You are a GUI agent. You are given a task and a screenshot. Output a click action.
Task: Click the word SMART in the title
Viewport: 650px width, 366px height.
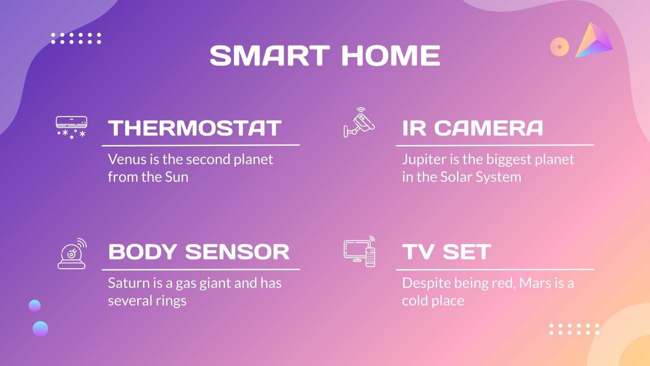pyautogui.click(x=269, y=56)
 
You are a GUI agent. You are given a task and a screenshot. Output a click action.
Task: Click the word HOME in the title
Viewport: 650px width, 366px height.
pyautogui.click(x=390, y=56)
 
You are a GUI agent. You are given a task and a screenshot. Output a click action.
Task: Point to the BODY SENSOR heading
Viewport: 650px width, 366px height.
pyautogui.click(x=199, y=252)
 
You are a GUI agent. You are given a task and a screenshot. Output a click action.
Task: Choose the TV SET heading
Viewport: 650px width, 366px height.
pyautogui.click(x=446, y=252)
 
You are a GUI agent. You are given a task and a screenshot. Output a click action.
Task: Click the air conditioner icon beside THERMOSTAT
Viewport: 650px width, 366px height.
pyautogui.click(x=71, y=127)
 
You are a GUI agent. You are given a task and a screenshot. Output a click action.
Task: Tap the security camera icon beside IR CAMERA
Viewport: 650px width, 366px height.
pyautogui.click(x=359, y=122)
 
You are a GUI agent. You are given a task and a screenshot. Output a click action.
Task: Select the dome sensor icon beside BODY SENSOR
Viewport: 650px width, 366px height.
pyautogui.click(x=72, y=254)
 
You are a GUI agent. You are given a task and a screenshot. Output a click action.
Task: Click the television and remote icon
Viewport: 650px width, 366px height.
pyautogui.click(x=360, y=252)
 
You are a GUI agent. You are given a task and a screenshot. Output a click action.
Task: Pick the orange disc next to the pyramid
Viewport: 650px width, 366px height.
pyautogui.click(x=559, y=47)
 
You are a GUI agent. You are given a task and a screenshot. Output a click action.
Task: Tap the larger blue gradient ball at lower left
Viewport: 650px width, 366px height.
pyautogui.click(x=40, y=329)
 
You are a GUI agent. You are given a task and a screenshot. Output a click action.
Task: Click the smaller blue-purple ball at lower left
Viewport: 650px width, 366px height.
pyautogui.click(x=35, y=305)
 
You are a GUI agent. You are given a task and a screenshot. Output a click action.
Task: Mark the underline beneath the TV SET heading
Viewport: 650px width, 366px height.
pyautogui.click(x=494, y=269)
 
